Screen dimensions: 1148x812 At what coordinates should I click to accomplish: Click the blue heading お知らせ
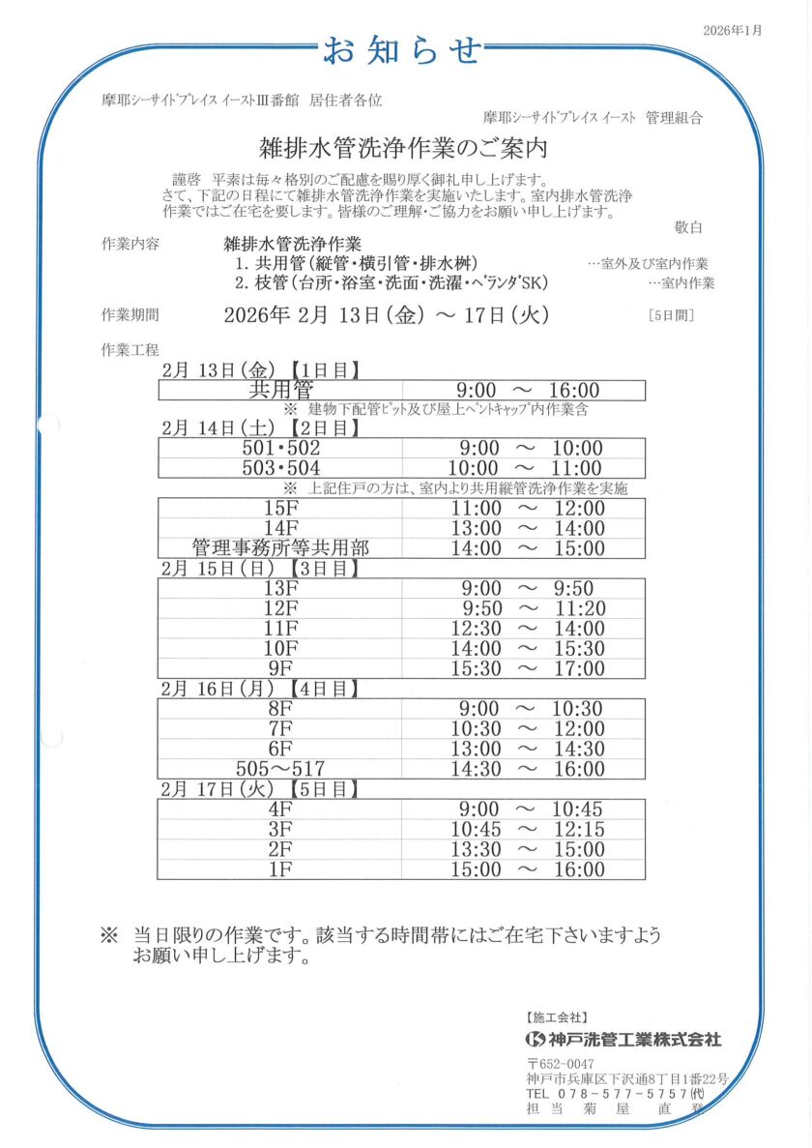[x=402, y=49]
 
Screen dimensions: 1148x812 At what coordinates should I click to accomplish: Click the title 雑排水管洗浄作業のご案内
[x=404, y=149]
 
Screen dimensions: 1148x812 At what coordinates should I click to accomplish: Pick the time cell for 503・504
[x=527, y=468]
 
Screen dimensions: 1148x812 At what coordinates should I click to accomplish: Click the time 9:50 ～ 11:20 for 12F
[x=527, y=608]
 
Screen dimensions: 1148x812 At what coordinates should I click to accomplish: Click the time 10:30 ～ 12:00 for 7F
[x=527, y=729]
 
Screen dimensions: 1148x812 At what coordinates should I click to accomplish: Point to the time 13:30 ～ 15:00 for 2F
[x=527, y=849]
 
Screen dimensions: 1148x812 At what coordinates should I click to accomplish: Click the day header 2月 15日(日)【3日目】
[x=261, y=569]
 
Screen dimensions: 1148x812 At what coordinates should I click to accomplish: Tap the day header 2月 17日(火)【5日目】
[x=261, y=790]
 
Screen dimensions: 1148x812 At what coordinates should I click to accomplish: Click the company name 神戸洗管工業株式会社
[x=634, y=1041]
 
